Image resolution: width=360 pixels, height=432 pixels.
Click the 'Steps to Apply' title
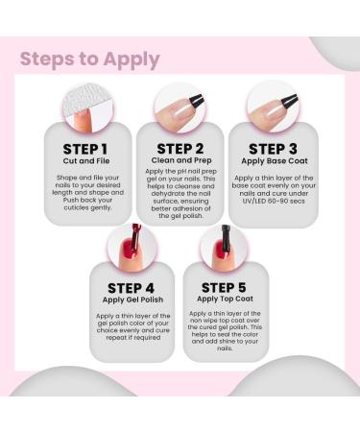89,60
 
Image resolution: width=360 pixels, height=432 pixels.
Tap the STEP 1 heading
85,150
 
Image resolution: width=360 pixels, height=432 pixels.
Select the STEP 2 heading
180,149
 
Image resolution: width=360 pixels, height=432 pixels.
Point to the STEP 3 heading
273,149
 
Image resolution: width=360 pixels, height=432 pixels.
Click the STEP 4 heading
131,288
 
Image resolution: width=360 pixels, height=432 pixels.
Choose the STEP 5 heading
224,288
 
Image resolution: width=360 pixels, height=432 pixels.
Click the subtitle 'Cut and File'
86,161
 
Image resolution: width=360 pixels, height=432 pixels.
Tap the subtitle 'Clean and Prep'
181,160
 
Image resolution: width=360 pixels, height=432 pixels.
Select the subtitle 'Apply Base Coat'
275,161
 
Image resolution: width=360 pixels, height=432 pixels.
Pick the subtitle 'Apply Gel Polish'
132,300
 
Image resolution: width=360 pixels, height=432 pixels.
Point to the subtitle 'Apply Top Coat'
225,299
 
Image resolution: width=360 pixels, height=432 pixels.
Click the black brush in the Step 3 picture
290,101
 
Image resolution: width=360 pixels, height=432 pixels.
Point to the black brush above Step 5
227,237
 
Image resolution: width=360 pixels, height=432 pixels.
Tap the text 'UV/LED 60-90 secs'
274,201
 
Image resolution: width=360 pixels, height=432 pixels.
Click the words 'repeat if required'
133,338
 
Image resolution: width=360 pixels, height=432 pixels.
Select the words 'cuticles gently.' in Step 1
87,207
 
